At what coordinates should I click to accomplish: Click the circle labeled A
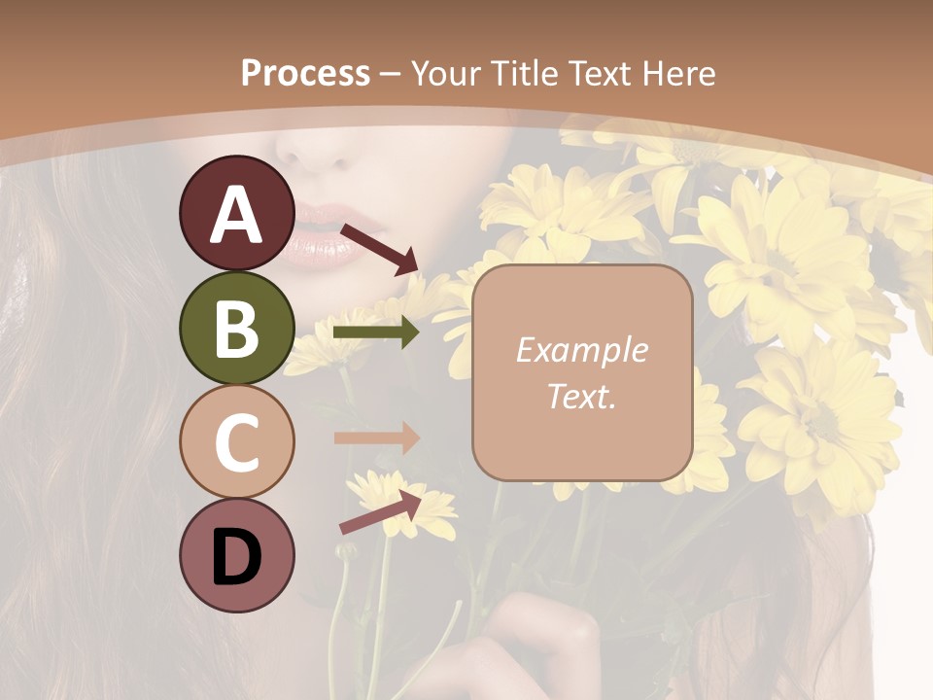click(x=237, y=214)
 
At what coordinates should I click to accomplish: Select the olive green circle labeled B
click(x=237, y=328)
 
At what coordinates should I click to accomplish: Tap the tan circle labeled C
click(x=237, y=441)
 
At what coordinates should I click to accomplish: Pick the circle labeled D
click(x=237, y=556)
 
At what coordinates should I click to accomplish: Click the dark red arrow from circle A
click(x=379, y=248)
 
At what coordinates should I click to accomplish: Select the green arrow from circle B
click(x=375, y=332)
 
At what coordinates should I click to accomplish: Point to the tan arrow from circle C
click(x=375, y=437)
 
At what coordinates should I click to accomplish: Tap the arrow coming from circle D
click(x=381, y=512)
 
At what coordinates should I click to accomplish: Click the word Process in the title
click(x=305, y=73)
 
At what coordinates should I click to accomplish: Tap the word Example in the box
click(x=581, y=350)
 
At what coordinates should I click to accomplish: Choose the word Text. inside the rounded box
click(x=581, y=396)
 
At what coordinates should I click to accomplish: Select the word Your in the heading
click(x=442, y=73)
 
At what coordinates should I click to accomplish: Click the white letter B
click(x=237, y=328)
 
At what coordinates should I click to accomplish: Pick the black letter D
click(x=237, y=556)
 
